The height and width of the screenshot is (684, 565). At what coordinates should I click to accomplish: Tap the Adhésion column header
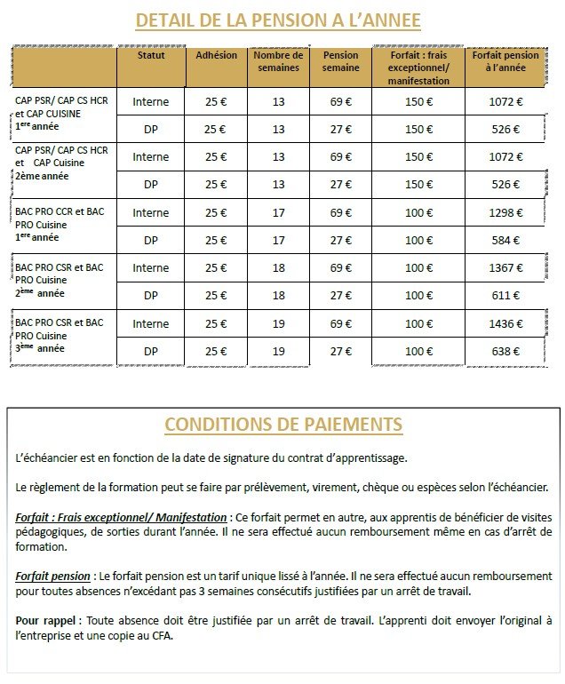tap(216, 55)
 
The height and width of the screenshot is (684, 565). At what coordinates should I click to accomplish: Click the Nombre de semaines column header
tap(278, 60)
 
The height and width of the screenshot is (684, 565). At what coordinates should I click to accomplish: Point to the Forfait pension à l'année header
tap(505, 60)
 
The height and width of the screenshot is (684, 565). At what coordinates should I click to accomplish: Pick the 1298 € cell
tap(505, 213)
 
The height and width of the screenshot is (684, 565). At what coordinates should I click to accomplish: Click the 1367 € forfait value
tap(505, 268)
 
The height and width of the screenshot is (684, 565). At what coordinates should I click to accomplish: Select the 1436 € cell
tap(505, 324)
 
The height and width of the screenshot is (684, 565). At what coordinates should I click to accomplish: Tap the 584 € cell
tap(505, 241)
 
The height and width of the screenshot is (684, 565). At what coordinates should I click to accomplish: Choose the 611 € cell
tap(505, 296)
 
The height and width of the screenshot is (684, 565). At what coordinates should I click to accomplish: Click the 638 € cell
tap(505, 352)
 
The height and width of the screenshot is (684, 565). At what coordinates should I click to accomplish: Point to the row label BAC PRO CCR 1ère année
tap(60, 225)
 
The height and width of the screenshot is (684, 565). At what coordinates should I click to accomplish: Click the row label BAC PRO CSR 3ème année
tap(60, 336)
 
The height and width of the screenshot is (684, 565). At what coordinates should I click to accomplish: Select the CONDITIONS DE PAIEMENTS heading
tap(282, 424)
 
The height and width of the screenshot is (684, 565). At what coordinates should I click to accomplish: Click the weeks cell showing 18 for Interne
tap(278, 268)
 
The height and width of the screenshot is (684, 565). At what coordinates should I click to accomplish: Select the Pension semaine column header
tap(340, 60)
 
